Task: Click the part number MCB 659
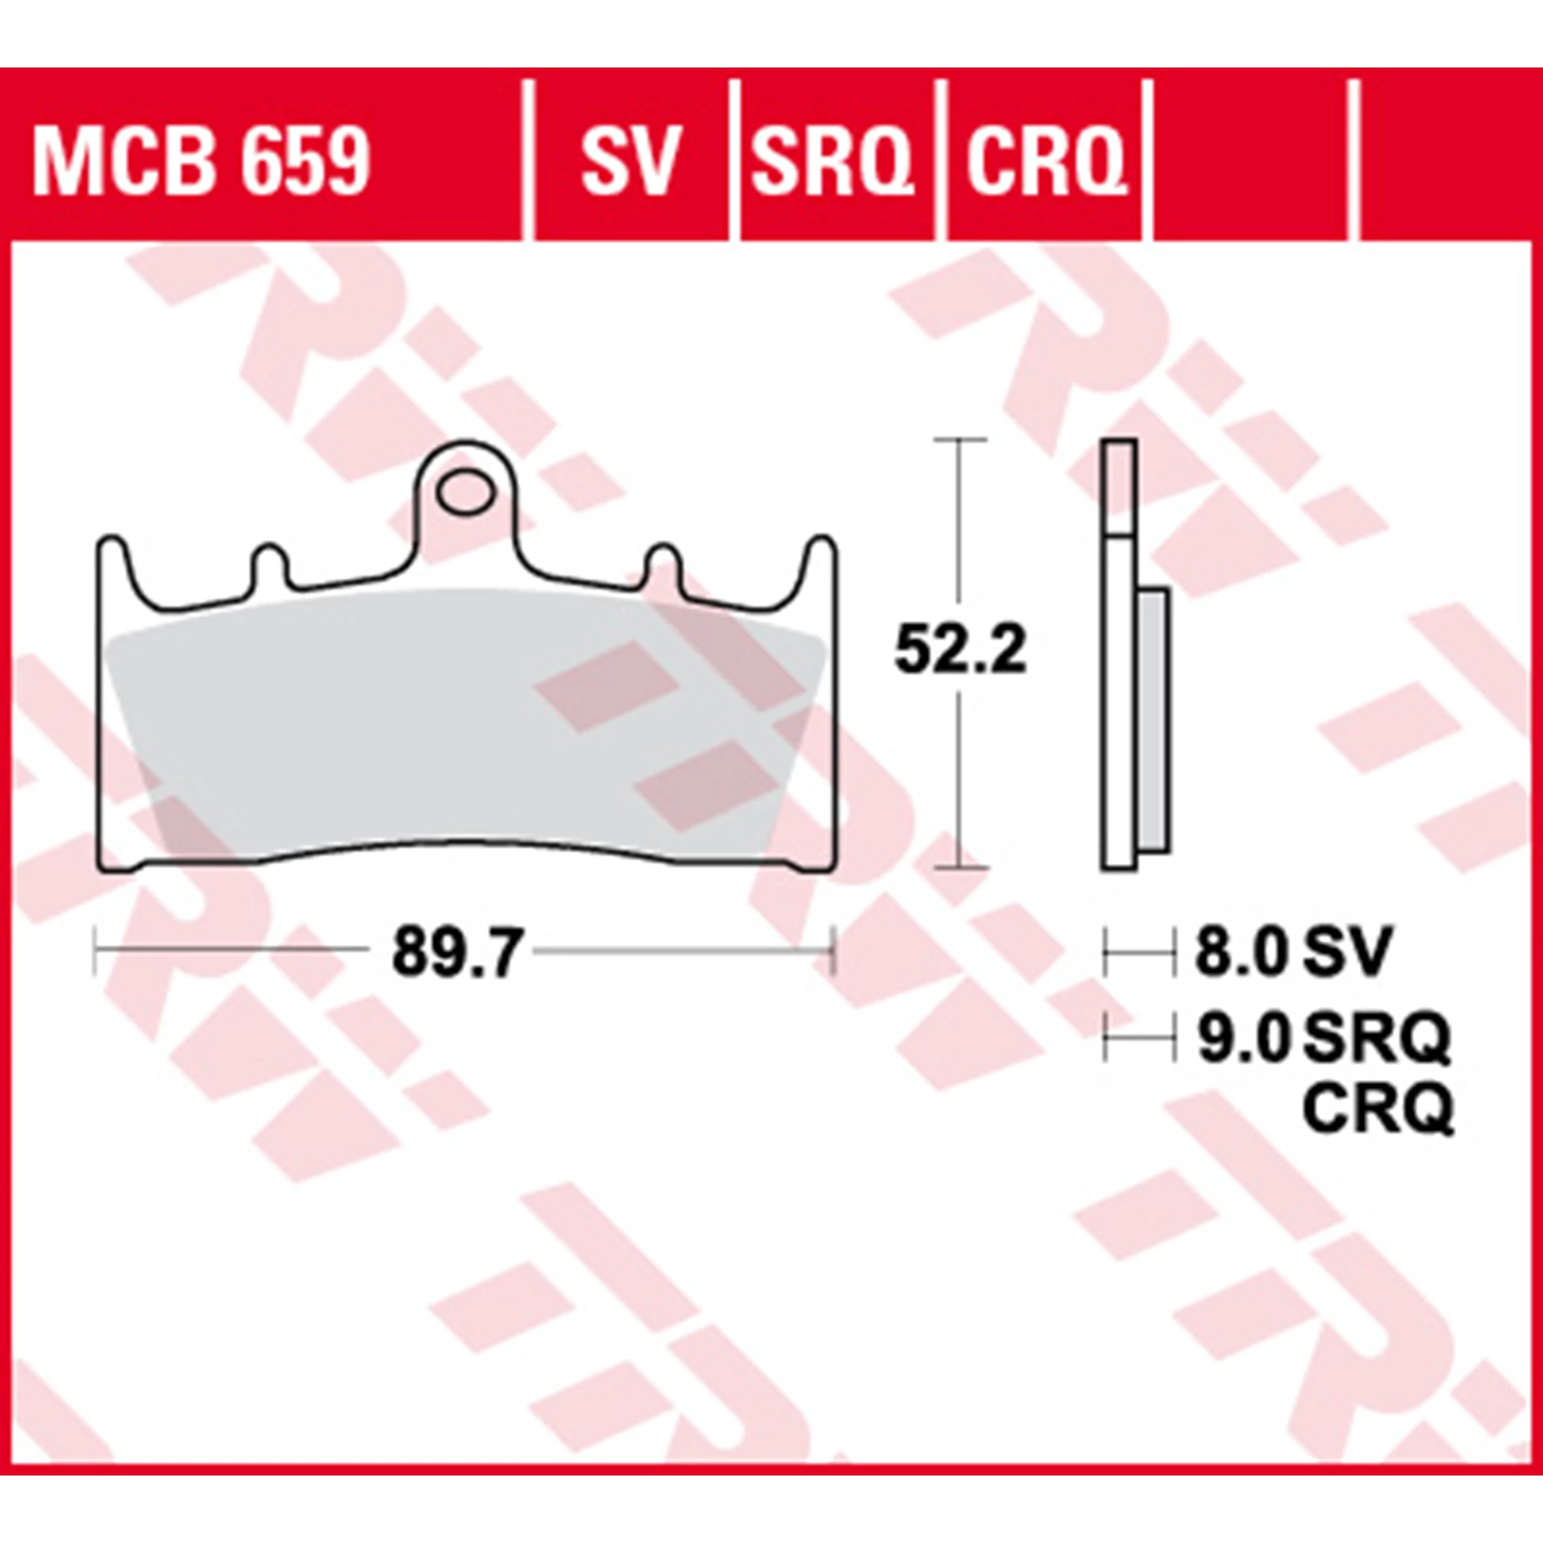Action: pos(201,160)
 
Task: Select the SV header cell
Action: pos(631,160)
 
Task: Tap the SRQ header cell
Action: pos(833,160)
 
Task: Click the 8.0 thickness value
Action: pos(1241,952)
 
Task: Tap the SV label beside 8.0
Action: pos(1346,952)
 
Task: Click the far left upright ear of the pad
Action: pos(114,563)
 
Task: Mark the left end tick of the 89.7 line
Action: pos(96,951)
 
